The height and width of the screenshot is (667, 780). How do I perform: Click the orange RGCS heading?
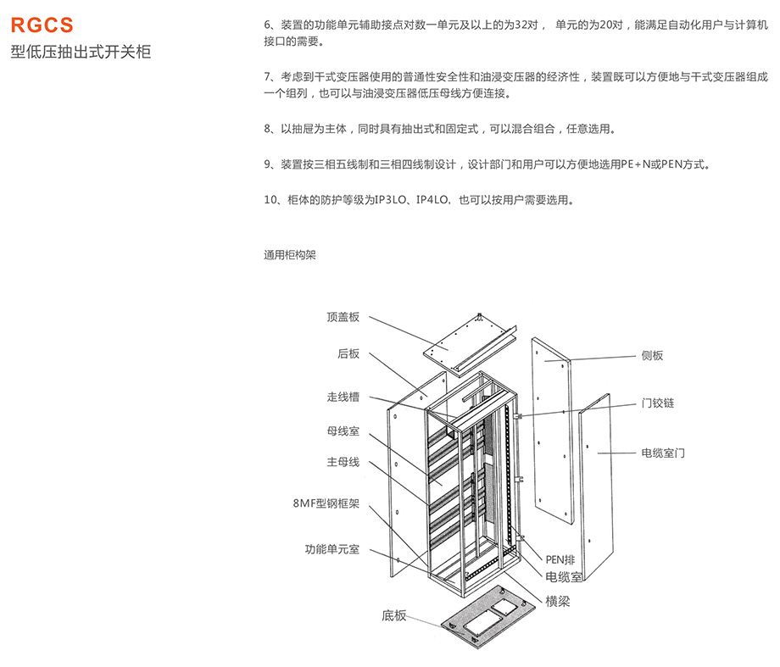pyautogui.click(x=42, y=25)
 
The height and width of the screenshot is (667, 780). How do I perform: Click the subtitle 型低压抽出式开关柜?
pyautogui.click(x=81, y=53)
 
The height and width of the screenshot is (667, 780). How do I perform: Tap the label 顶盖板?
pyautogui.click(x=343, y=317)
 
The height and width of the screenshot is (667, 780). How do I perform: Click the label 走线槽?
pyautogui.click(x=343, y=397)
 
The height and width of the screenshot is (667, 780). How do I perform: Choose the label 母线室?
pyautogui.click(x=343, y=431)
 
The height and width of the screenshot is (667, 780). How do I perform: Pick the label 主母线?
pyautogui.click(x=343, y=462)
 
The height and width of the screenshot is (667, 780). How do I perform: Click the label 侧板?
pyautogui.click(x=653, y=355)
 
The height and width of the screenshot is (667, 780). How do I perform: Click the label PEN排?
pyautogui.click(x=560, y=559)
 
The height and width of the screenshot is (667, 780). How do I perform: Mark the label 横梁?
pyautogui.click(x=557, y=601)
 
